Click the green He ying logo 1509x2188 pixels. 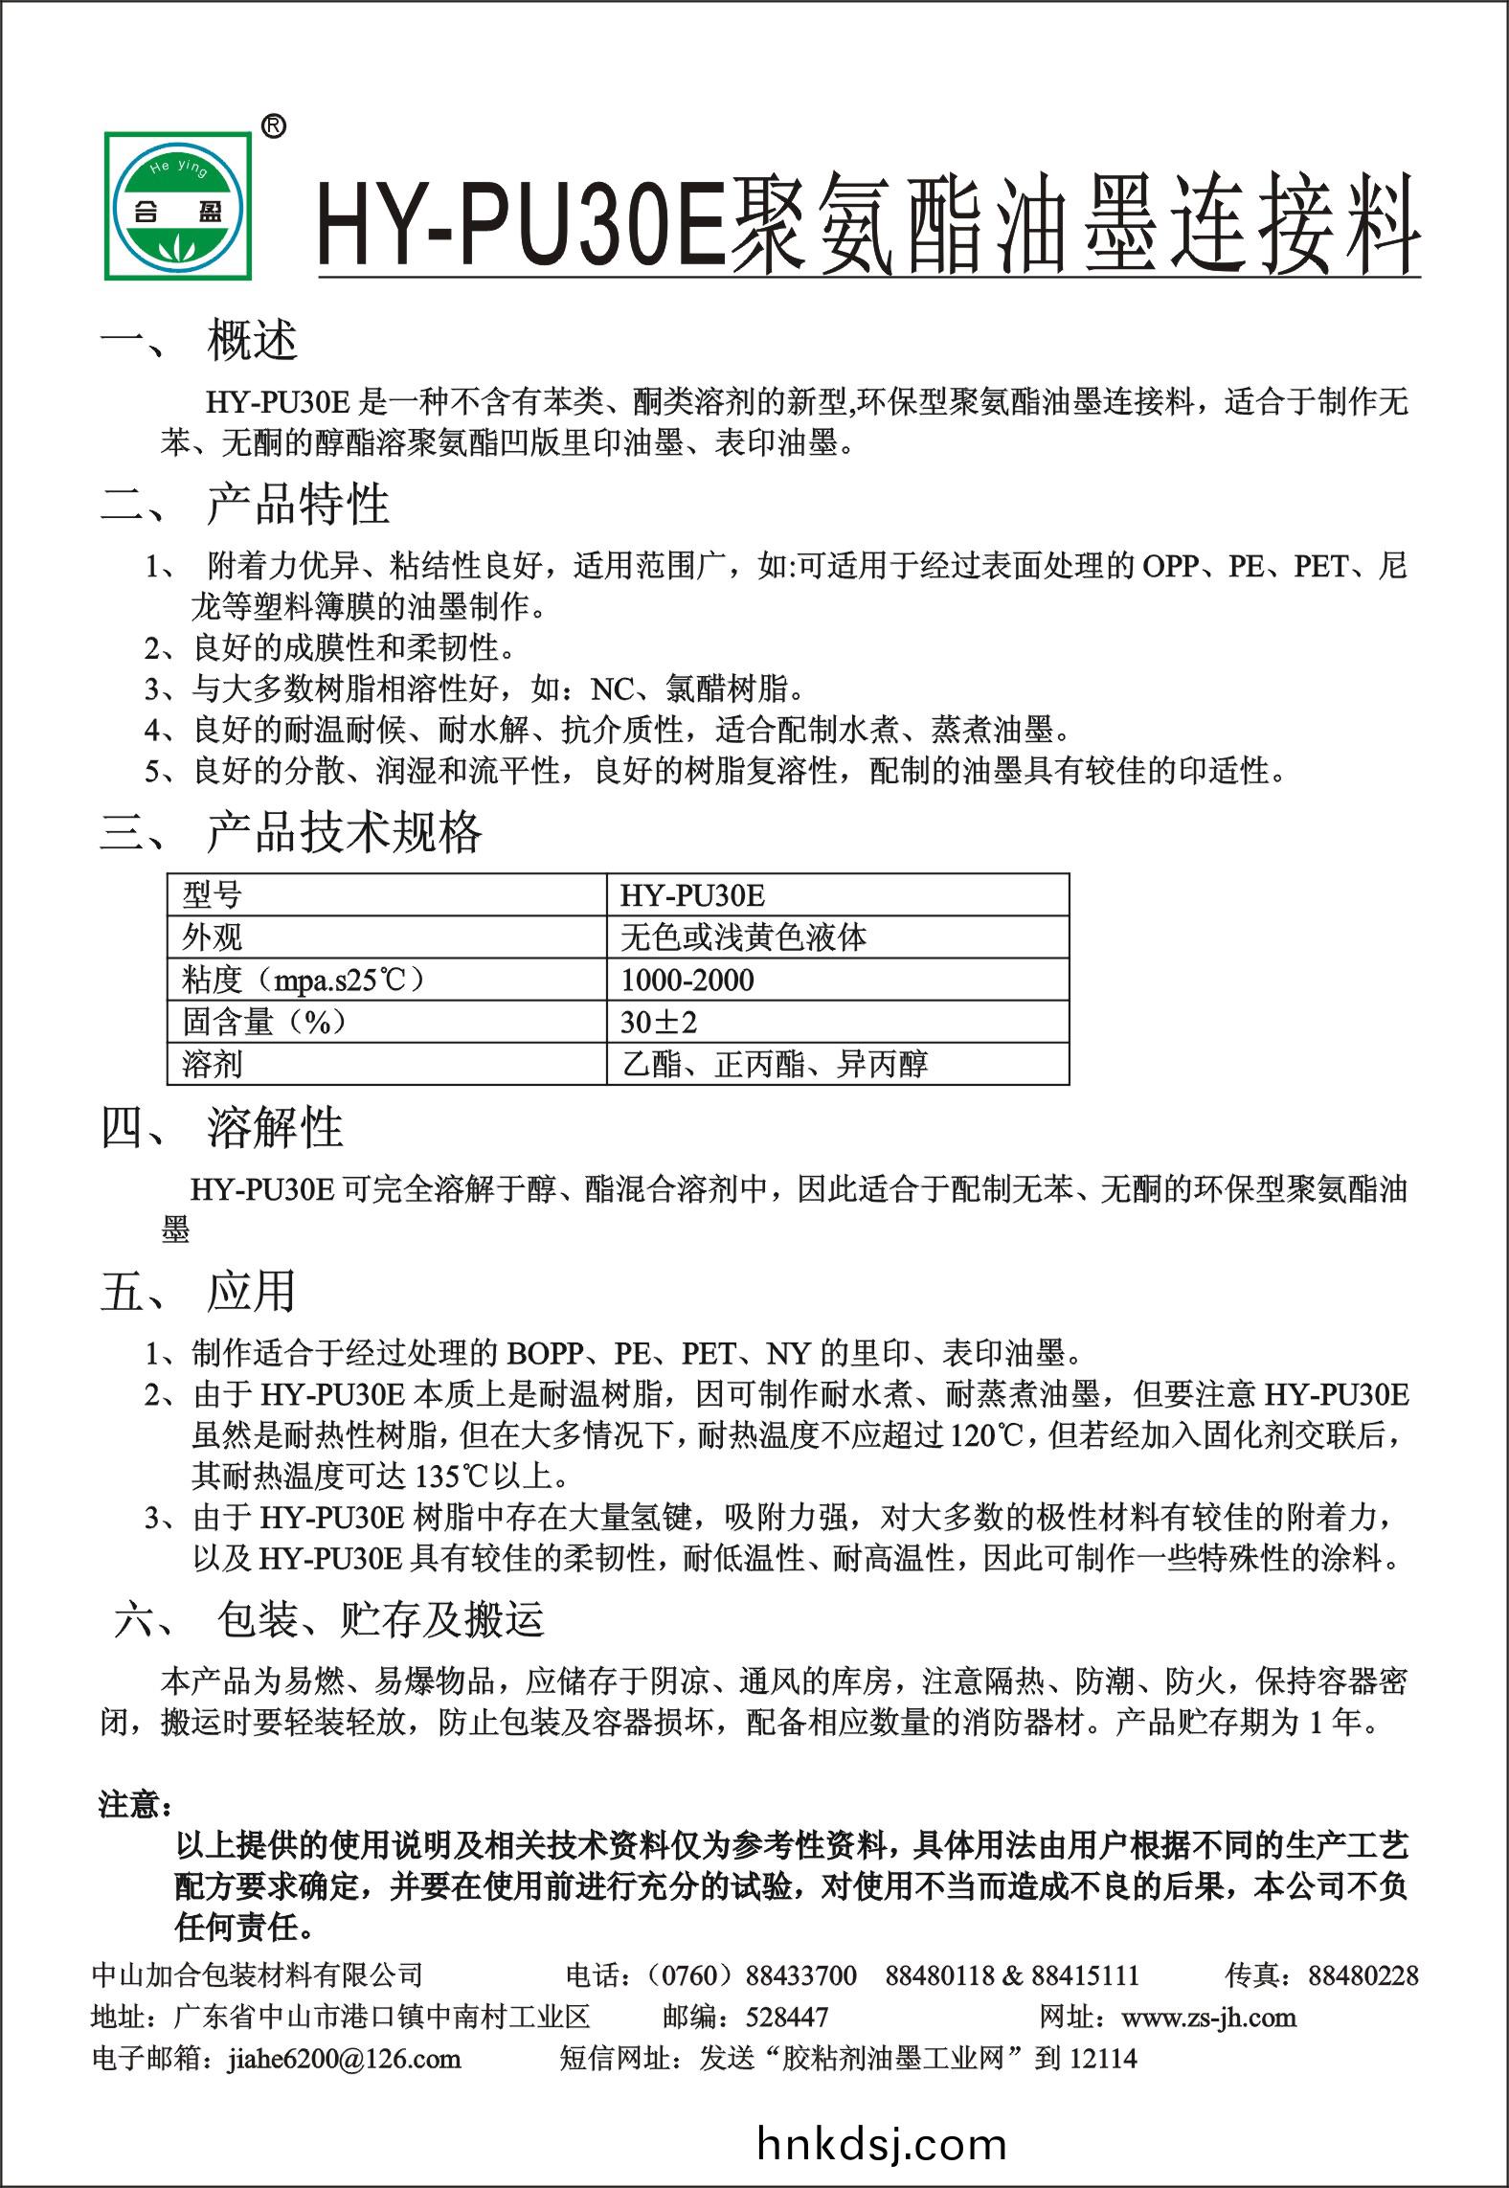pyautogui.click(x=179, y=204)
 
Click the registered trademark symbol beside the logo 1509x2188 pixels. pyautogui.click(x=273, y=125)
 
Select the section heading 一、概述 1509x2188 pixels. pyautogui.click(x=200, y=341)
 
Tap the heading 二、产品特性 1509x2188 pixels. pyautogui.click(x=245, y=504)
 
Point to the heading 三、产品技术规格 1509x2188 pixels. pyautogui.click(x=291, y=832)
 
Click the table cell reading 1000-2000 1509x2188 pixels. pyautogui.click(x=687, y=980)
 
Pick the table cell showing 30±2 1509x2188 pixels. pyautogui.click(x=659, y=1022)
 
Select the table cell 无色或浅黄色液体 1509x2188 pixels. pyautogui.click(x=743, y=937)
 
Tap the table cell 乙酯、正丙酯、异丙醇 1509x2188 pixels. pyautogui.click(x=775, y=1064)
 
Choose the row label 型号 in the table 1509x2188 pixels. pyautogui.click(x=213, y=895)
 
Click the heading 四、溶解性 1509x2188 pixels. pyautogui.click(x=222, y=1127)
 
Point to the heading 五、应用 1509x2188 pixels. pyautogui.click(x=198, y=1292)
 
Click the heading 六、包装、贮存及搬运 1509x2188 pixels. pyautogui.click(x=329, y=1619)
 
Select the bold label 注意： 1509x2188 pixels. pyautogui.click(x=136, y=1805)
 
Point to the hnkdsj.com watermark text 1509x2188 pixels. pyautogui.click(x=881, y=2145)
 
